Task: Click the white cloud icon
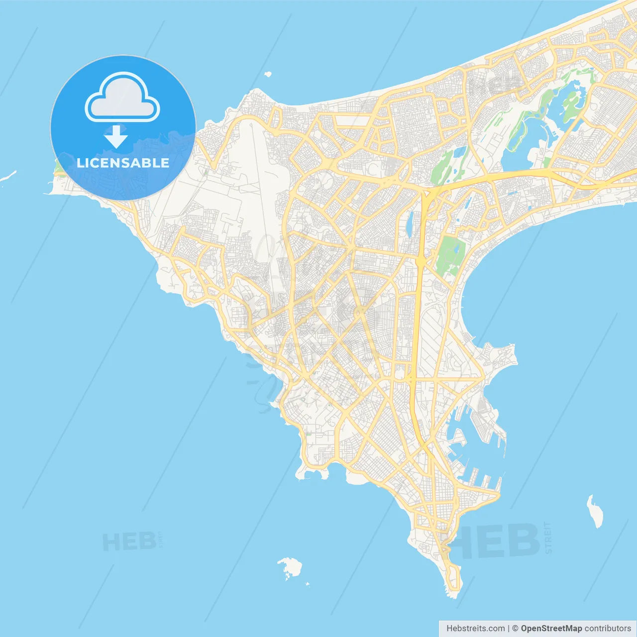(x=122, y=98)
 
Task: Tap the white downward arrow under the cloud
(x=116, y=136)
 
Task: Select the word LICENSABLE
(x=123, y=163)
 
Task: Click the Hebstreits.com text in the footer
(x=476, y=629)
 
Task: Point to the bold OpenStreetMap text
(x=551, y=629)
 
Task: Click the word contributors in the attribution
(x=608, y=629)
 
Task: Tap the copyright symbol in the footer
(x=515, y=629)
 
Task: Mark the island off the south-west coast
(x=291, y=567)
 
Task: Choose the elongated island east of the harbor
(x=595, y=511)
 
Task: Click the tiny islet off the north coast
(x=268, y=75)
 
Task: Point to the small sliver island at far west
(x=8, y=177)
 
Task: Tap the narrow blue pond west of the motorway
(x=410, y=224)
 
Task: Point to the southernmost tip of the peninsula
(x=453, y=593)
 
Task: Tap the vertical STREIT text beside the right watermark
(x=548, y=537)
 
